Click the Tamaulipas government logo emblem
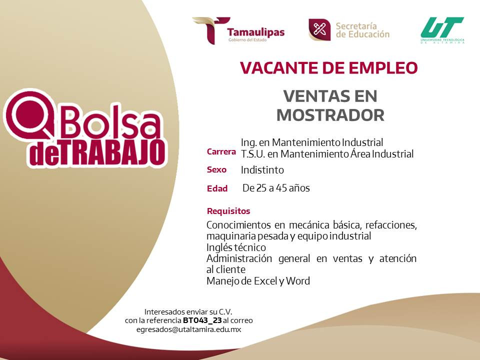[211, 30]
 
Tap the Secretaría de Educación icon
[319, 29]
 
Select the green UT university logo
[442, 30]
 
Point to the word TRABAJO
[112, 153]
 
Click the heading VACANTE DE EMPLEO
[329, 67]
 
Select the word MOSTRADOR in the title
[330, 115]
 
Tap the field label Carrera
[221, 152]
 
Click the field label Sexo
[216, 169]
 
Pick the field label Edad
[217, 188]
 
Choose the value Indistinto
[262, 170]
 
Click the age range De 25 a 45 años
[276, 188]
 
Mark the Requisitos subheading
[228, 211]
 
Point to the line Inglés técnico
[236, 247]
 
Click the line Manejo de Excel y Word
[258, 280]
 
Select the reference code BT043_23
[202, 320]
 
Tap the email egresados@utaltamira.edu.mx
[189, 329]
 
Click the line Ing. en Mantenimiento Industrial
[312, 142]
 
